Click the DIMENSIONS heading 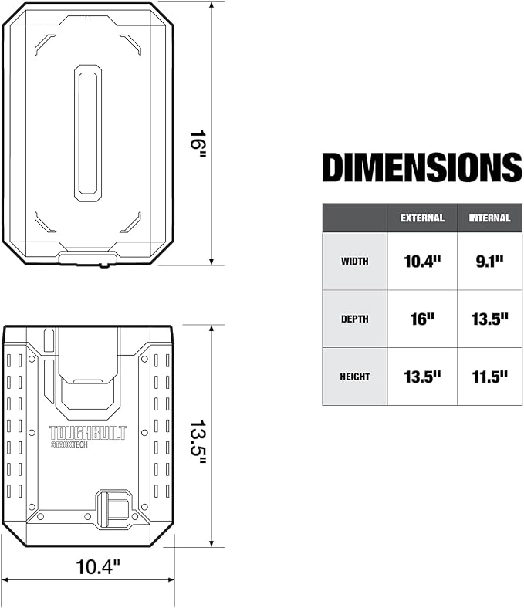pyautogui.click(x=422, y=167)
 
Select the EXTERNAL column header pyautogui.click(x=422, y=218)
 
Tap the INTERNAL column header pyautogui.click(x=489, y=218)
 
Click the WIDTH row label pyautogui.click(x=354, y=262)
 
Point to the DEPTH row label pyautogui.click(x=354, y=319)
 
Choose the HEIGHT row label pyautogui.click(x=354, y=377)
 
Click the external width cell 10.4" pyautogui.click(x=422, y=262)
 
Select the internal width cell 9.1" pyautogui.click(x=489, y=262)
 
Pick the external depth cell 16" pyautogui.click(x=422, y=319)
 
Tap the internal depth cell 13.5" pyautogui.click(x=489, y=319)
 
